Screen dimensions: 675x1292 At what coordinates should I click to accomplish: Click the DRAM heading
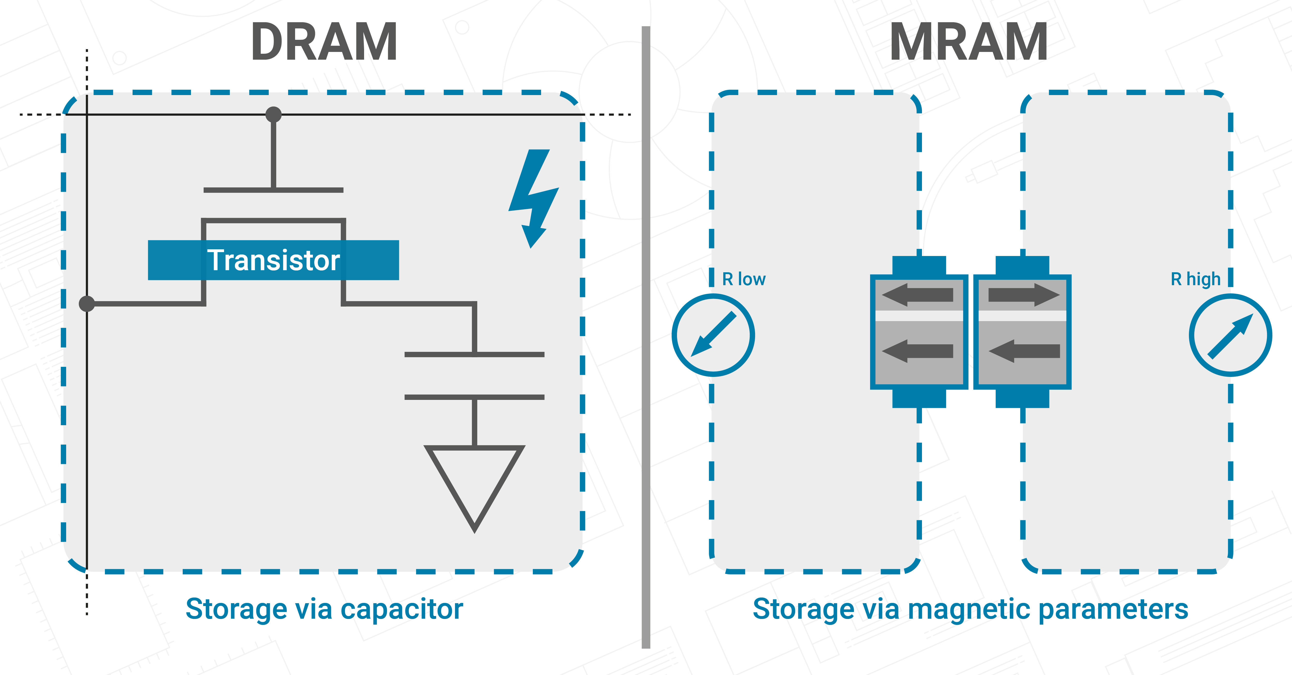(x=324, y=43)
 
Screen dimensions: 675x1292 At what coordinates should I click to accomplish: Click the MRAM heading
(x=968, y=43)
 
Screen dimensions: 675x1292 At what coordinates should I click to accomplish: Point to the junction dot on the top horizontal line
(x=273, y=114)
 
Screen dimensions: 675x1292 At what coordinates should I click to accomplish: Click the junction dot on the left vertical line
(x=87, y=303)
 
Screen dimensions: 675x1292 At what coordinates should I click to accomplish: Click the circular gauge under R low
(x=713, y=335)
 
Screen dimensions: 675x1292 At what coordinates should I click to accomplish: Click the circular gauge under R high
(x=1230, y=335)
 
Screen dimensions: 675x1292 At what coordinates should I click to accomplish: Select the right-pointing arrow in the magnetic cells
(x=1023, y=295)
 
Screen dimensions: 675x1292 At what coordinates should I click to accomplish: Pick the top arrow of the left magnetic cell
(x=918, y=295)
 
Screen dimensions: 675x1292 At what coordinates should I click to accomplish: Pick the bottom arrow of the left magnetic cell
(x=918, y=351)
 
